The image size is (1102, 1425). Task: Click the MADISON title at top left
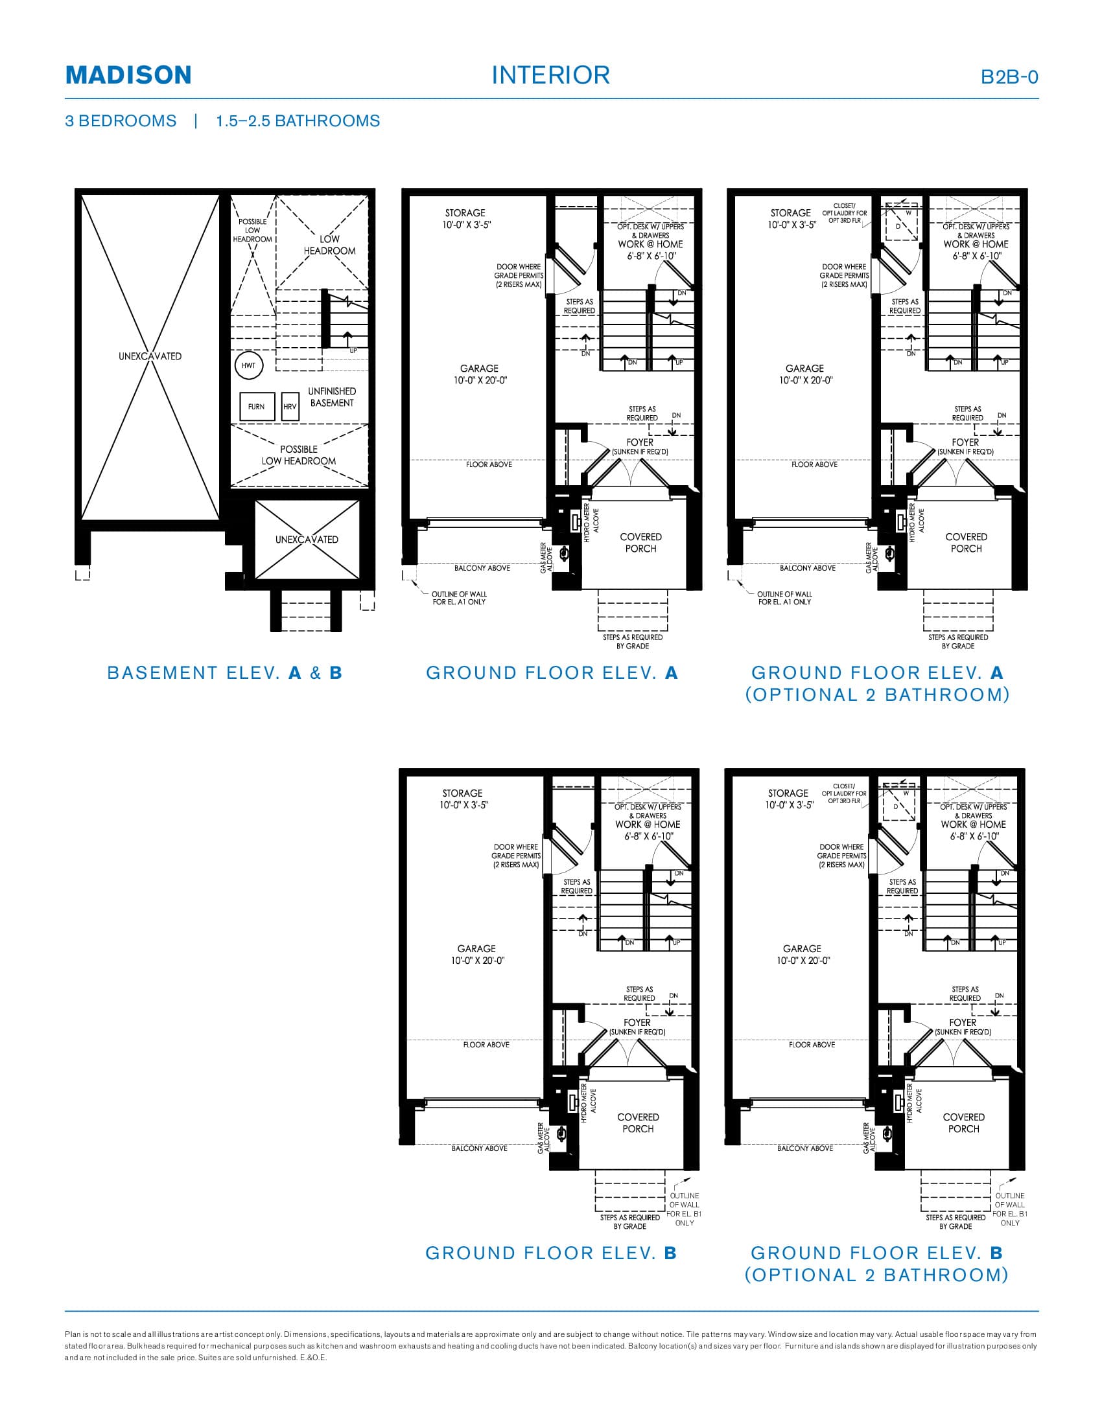point(128,75)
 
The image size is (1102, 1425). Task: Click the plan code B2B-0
point(1009,77)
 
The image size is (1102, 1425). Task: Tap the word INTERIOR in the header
point(550,75)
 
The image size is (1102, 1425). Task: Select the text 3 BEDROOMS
point(121,120)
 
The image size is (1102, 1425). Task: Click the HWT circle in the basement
point(249,365)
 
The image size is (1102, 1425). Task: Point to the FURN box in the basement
point(257,407)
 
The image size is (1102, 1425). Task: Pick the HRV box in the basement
point(290,407)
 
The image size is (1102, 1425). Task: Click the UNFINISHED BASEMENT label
point(332,396)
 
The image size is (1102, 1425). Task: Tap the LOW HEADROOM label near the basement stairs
point(329,245)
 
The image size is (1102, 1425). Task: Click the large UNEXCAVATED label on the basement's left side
point(150,356)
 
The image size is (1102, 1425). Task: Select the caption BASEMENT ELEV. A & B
point(224,673)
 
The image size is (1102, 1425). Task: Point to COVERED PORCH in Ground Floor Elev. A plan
point(640,543)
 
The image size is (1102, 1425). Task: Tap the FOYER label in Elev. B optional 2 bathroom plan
point(962,1022)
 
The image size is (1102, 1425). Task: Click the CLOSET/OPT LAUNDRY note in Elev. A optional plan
point(844,213)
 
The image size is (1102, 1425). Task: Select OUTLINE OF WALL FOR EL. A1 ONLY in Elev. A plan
point(459,598)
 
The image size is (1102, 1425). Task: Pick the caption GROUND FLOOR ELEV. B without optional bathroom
point(551,1253)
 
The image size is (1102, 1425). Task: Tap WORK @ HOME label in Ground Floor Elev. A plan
point(650,244)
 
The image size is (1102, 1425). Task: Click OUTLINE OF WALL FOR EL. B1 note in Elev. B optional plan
point(1009,1209)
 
